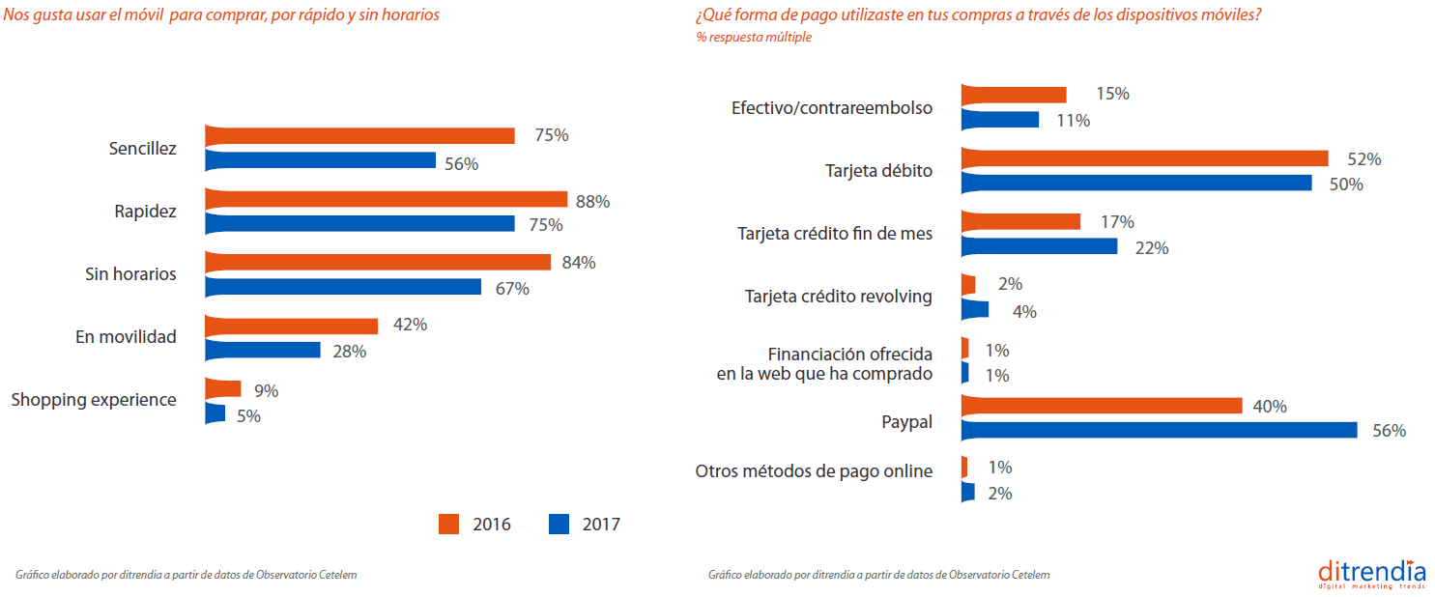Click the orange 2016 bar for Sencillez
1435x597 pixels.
[359, 135]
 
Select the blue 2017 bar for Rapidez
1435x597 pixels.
[359, 224]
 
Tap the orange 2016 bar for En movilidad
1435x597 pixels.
[292, 326]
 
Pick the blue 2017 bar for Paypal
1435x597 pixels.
[1160, 431]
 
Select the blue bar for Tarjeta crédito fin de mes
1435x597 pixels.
[1040, 247]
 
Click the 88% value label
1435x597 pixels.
[591, 202]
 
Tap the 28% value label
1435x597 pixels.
[349, 352]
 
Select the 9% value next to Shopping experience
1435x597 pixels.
[267, 391]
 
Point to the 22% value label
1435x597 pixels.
[1151, 248]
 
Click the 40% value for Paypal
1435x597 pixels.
[1269, 407]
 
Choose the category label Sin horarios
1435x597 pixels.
[130, 274]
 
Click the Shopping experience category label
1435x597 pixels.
[94, 400]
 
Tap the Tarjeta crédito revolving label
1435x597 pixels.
[839, 297]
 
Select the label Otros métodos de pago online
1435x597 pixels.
[814, 471]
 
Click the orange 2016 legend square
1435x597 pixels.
[449, 525]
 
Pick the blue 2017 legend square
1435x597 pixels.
[559, 525]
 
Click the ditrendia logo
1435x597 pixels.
[1371, 573]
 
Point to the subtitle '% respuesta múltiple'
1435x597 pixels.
[753, 38]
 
